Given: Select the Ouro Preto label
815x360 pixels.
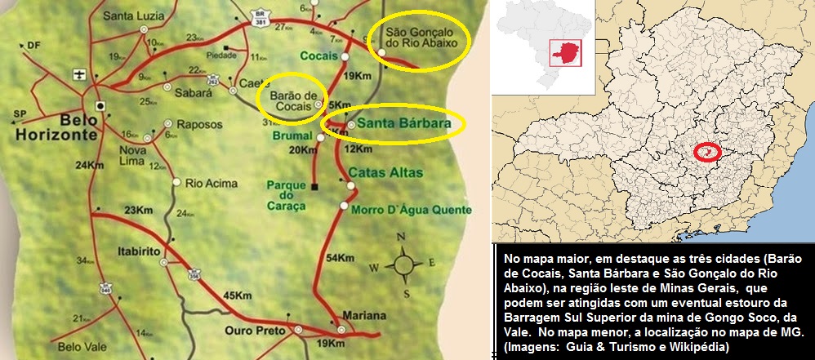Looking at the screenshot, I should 257,331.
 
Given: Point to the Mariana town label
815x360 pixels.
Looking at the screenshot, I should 364,316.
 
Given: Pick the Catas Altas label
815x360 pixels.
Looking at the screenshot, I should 378,172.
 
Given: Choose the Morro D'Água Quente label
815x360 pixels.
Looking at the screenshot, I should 401,211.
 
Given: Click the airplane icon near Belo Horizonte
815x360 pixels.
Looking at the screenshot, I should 78,75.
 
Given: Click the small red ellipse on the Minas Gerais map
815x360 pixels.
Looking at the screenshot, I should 707,151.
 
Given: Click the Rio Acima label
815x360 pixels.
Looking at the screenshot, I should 205,183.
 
